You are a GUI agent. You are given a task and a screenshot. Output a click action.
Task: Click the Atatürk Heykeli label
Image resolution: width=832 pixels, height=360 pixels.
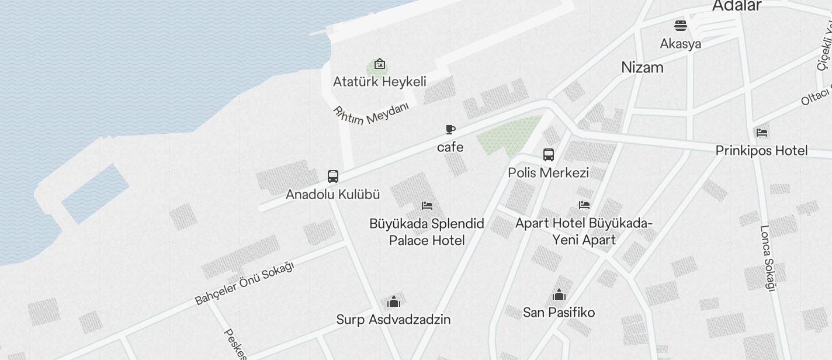point(379,82)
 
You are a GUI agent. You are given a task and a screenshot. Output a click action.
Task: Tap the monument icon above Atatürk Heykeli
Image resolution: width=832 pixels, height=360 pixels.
point(380,64)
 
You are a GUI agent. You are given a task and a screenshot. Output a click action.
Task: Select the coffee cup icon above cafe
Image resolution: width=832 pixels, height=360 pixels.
point(450,129)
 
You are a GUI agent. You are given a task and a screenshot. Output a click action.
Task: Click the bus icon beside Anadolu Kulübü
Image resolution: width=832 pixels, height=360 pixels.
point(332,176)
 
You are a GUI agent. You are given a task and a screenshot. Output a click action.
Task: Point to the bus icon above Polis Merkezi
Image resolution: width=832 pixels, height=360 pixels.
point(548,155)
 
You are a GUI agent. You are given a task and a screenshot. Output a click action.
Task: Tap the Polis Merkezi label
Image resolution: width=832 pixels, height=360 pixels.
point(548,172)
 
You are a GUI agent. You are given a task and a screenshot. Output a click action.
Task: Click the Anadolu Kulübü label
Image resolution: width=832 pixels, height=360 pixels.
point(332,195)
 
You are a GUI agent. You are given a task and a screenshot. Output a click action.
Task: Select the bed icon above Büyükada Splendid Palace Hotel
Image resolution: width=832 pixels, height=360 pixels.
point(427,206)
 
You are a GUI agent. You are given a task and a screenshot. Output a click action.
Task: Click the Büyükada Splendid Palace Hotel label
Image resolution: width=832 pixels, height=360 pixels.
point(427,232)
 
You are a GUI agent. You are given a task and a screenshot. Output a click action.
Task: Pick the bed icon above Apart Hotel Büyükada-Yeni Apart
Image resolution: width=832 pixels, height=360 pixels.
point(584,205)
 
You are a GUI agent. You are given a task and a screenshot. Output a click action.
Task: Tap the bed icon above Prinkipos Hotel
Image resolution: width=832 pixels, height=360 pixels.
point(762,133)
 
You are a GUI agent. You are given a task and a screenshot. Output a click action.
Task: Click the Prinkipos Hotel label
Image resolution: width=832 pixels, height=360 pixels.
point(762,151)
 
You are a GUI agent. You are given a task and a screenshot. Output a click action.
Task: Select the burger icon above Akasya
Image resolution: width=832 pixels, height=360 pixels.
point(681,26)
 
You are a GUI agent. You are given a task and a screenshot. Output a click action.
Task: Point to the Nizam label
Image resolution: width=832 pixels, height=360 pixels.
point(642,67)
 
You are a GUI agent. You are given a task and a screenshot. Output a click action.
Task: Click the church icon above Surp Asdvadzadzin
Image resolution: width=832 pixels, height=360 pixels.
point(394,302)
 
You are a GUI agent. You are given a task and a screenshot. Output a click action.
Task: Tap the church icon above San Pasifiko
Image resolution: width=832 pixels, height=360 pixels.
point(559,295)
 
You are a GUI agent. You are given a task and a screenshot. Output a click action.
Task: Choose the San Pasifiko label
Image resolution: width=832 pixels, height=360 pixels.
point(559,313)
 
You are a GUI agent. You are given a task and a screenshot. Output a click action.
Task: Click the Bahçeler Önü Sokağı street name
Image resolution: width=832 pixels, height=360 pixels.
point(244,283)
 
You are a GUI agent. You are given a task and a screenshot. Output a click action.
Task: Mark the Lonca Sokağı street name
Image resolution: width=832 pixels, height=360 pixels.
point(767,258)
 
